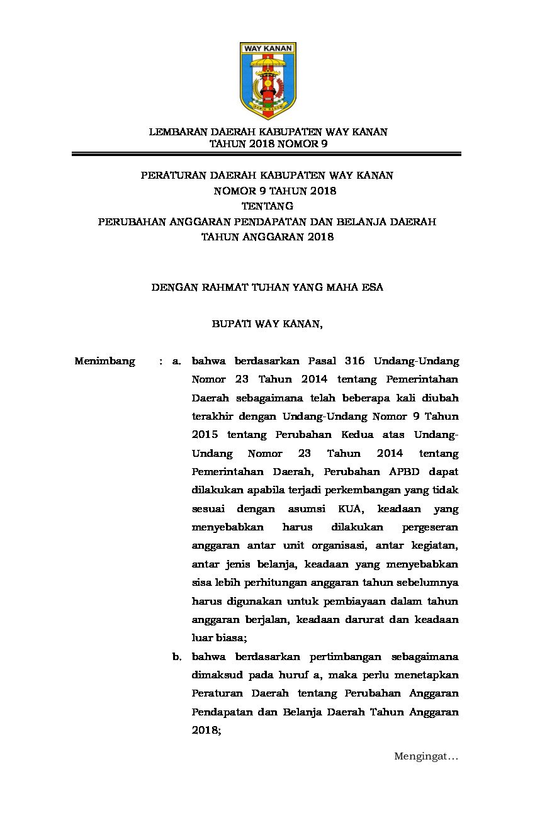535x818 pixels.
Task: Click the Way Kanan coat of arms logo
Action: (x=267, y=81)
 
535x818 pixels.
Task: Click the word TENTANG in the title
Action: (x=267, y=206)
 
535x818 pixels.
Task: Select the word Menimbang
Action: (x=104, y=361)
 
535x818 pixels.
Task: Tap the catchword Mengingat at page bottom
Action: (x=425, y=756)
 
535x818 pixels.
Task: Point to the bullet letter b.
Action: (x=177, y=657)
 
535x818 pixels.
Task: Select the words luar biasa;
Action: (x=219, y=638)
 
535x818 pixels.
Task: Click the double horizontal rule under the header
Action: (x=267, y=154)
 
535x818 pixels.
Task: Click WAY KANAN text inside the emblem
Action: (x=267, y=48)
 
